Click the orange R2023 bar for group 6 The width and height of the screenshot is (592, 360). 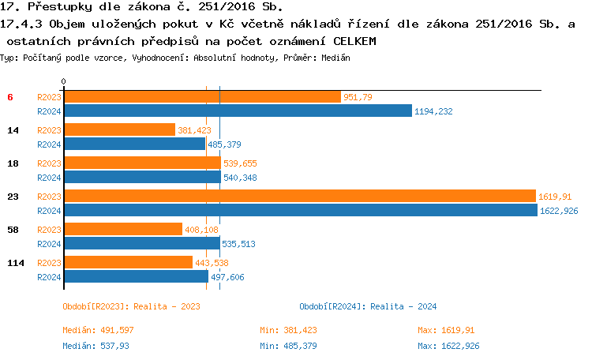pyautogui.click(x=202, y=97)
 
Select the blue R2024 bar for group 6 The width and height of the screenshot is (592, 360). pyautogui.click(x=238, y=111)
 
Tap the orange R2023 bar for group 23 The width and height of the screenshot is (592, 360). pyautogui.click(x=299, y=197)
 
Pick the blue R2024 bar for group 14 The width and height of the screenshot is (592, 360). pyautogui.click(x=134, y=144)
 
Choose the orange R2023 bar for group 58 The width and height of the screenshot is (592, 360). pyautogui.click(x=122, y=230)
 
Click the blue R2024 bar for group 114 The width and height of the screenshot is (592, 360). pyautogui.click(x=136, y=277)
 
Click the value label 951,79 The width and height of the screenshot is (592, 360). pyautogui.click(x=358, y=97)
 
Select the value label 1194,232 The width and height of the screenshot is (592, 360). pyautogui.click(x=433, y=111)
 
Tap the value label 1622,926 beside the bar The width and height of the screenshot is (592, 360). pyautogui.click(x=559, y=211)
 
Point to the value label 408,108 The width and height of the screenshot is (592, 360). pyautogui.click(x=200, y=230)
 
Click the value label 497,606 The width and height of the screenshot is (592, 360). pyautogui.click(x=227, y=277)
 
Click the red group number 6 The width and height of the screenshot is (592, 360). pyautogui.click(x=10, y=97)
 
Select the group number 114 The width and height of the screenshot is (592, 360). pyautogui.click(x=14, y=263)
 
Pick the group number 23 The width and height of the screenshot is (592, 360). pyautogui.click(x=13, y=197)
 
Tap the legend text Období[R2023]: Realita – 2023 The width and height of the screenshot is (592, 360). pyautogui.click(x=131, y=306)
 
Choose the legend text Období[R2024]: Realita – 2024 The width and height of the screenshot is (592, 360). pyautogui.click(x=368, y=306)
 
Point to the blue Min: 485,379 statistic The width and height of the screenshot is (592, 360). pyautogui.click(x=288, y=346)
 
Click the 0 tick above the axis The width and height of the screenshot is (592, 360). pyautogui.click(x=64, y=81)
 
